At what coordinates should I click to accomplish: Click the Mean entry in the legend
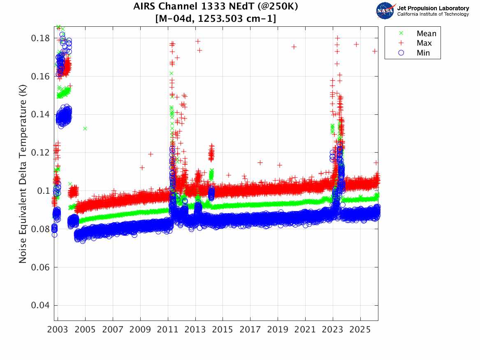click(426, 34)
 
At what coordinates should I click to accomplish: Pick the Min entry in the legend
click(423, 53)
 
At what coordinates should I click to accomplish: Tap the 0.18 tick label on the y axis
click(40, 38)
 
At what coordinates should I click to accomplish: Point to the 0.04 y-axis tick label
click(40, 305)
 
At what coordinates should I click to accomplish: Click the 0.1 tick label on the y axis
click(43, 191)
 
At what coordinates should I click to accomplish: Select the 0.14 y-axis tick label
click(40, 114)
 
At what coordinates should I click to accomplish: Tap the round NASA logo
click(385, 11)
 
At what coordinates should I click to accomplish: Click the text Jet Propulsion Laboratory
click(433, 8)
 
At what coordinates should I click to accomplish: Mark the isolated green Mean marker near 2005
click(85, 128)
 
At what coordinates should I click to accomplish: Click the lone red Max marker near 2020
click(294, 47)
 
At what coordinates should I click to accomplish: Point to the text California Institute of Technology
click(433, 14)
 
